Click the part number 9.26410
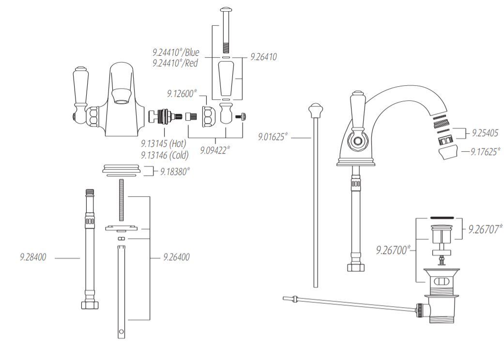coord(263,57)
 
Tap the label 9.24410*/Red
coord(176,63)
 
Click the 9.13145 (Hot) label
coord(164,144)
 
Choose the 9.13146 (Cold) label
coord(165,155)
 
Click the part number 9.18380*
coord(175,171)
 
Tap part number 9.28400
coord(33,258)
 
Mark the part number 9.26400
coord(176,258)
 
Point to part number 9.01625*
coord(273,138)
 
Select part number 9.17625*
coord(486,152)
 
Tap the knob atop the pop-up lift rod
coord(315,110)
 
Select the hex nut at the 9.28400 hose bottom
coord(90,305)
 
